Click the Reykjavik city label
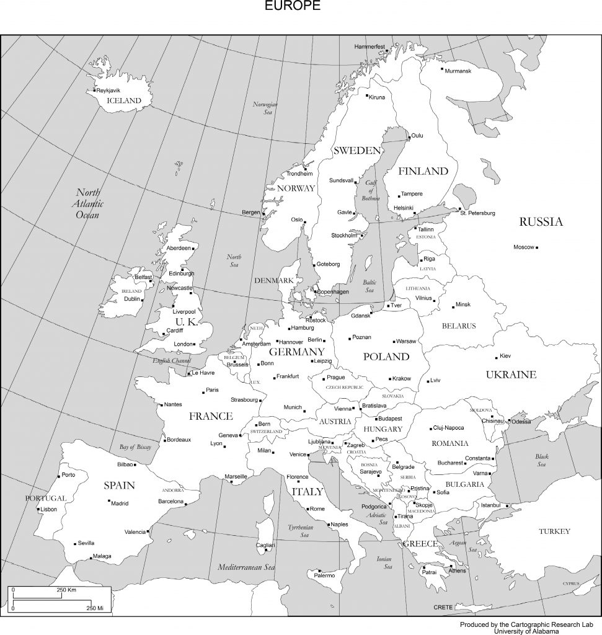point(108,91)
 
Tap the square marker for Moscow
point(537,247)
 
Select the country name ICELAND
point(124,100)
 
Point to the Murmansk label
point(458,71)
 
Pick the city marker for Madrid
point(109,500)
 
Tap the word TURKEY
point(554,531)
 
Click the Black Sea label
point(541,460)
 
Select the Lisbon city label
point(48,509)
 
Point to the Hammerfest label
point(370,47)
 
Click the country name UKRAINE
point(511,375)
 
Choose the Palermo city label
point(324,575)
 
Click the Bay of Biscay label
point(135,447)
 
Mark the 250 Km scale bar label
point(66,590)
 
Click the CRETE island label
point(443,607)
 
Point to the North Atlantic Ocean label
point(88,203)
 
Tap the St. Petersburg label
point(477,213)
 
